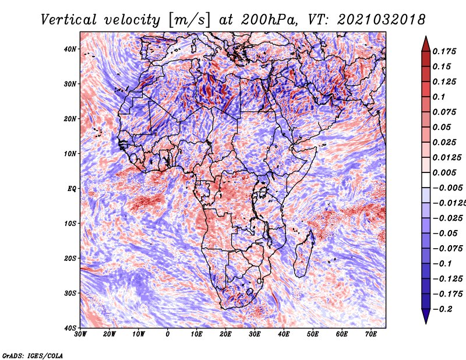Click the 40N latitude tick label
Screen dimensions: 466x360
pos(70,49)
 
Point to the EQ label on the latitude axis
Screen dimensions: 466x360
pos(72,189)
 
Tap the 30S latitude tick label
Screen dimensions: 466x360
pos(70,293)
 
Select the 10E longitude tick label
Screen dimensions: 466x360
pos(196,334)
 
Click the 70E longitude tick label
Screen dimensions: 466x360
pos(371,334)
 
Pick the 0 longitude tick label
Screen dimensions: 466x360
pos(168,334)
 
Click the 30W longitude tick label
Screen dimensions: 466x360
pos(80,334)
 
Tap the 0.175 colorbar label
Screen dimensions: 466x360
pos(444,51)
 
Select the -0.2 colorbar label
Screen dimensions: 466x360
pos(442,309)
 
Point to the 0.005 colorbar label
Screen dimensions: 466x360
pos(444,172)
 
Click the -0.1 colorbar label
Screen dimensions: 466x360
pos(442,264)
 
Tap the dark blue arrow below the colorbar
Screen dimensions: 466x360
pos(426,316)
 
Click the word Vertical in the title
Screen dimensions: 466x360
pos(69,20)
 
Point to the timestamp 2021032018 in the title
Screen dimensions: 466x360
pos(382,20)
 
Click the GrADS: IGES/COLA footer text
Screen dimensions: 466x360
pos(33,355)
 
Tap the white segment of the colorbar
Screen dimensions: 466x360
pos(426,180)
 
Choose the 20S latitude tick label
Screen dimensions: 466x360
pos(70,258)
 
